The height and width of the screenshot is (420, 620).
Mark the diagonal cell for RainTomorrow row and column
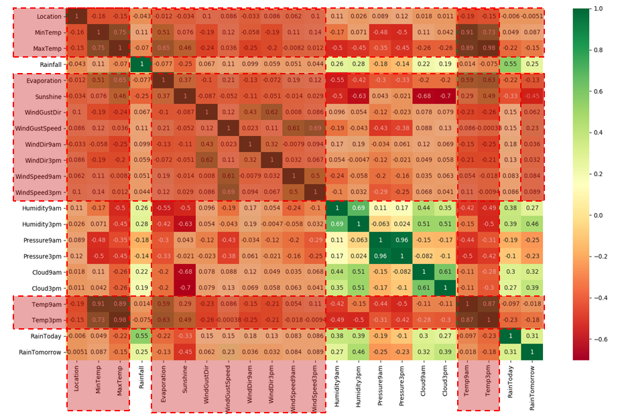click(532, 352)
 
